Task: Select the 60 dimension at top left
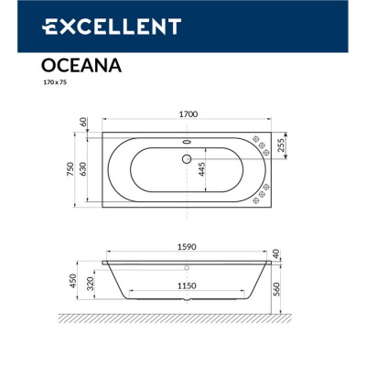coord(82,122)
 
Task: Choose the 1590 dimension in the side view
coord(188,244)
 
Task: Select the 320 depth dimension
coord(82,285)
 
